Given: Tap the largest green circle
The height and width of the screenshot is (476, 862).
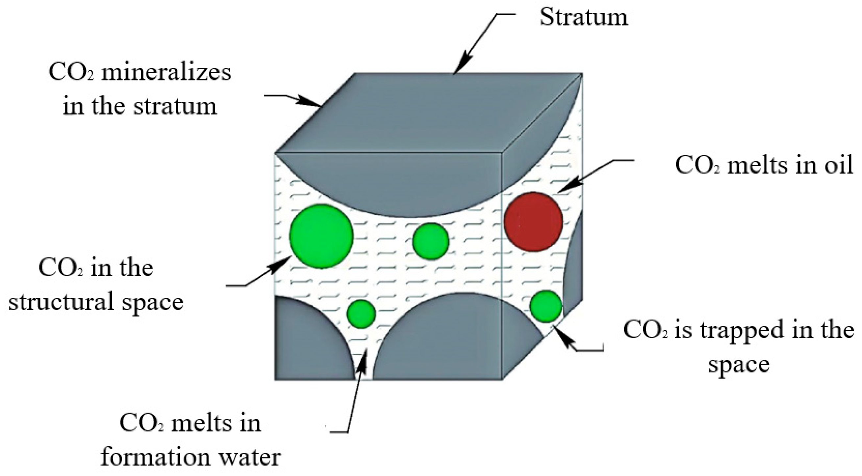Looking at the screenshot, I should [321, 236].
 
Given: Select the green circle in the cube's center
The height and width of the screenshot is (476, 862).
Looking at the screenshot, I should [430, 241].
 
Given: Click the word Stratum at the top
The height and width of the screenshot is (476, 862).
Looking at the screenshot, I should [584, 17].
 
